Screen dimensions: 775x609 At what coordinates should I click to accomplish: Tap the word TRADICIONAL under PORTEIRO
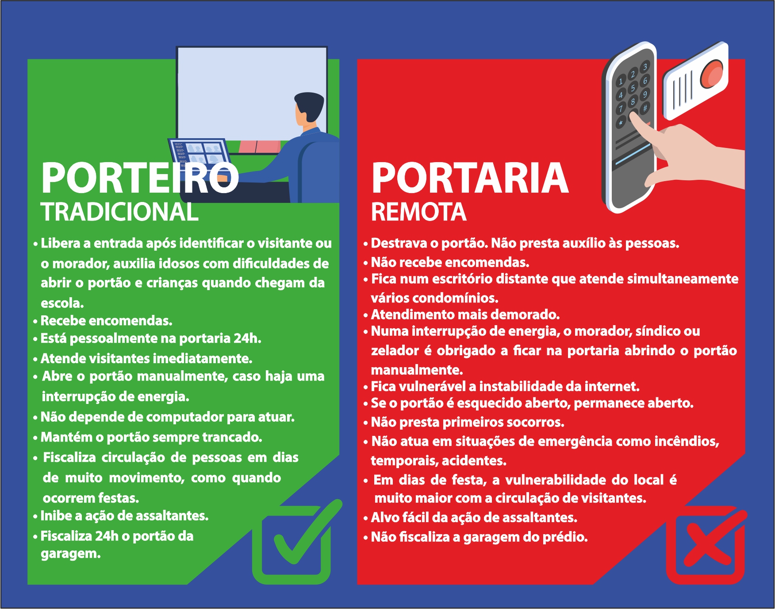(119, 212)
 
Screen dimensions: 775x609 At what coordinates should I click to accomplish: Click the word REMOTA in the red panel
(418, 212)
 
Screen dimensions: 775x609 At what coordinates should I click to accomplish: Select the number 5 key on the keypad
(633, 88)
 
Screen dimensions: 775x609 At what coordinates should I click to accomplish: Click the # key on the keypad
(645, 108)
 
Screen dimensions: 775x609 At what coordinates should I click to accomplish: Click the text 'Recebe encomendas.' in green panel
(106, 321)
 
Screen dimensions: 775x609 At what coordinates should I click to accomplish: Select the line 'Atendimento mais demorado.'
(465, 314)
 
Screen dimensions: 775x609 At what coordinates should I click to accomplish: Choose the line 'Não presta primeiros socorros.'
(468, 422)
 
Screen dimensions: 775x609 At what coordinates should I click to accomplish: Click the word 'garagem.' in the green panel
(71, 554)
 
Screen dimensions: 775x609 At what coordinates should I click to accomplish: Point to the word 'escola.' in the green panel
(62, 303)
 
